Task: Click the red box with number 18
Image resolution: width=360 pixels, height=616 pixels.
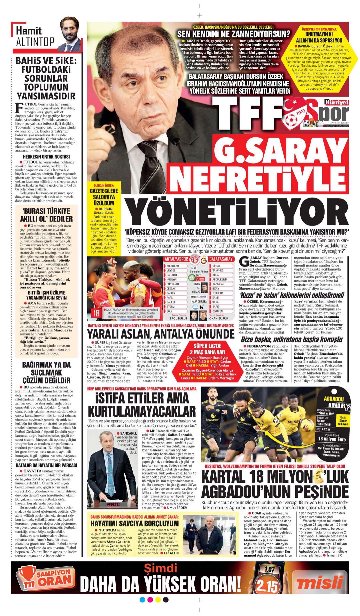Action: pos(97,313)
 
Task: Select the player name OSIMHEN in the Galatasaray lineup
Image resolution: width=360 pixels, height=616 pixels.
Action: pos(218,311)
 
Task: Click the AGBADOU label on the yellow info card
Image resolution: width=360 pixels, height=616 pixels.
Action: pos(333,399)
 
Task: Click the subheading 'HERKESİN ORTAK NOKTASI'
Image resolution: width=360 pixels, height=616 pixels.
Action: pos(46,157)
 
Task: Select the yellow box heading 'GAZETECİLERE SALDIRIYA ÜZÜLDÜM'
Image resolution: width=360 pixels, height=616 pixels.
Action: pos(104,197)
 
